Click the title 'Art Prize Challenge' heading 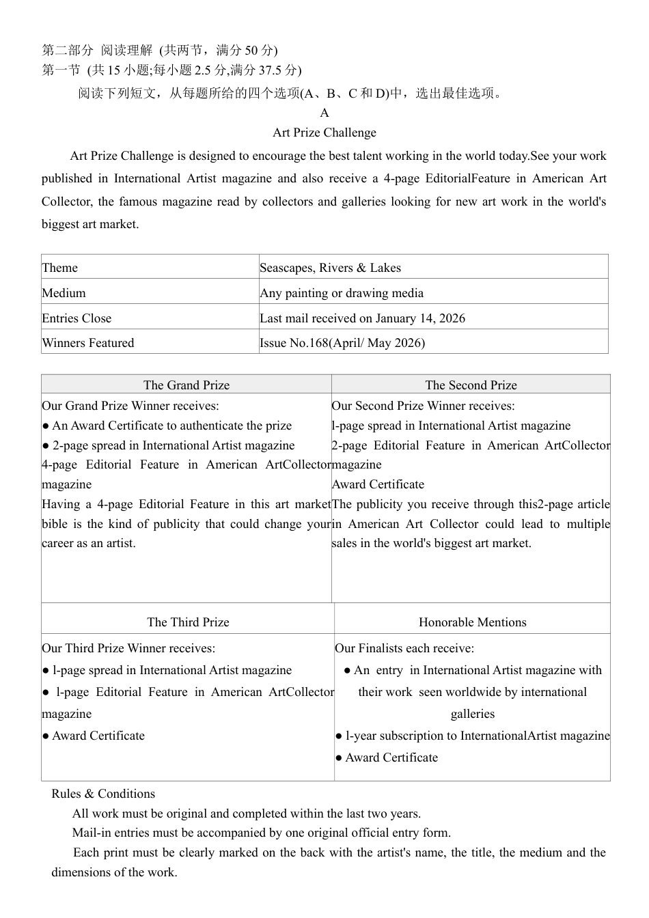coord(324,133)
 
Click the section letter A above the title coord(324,113)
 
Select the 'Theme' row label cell coord(60,268)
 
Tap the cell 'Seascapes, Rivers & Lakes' coord(330,268)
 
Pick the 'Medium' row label coord(64,293)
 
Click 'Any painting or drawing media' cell coord(342,293)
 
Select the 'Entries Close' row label coord(77,318)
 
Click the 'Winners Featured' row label coord(88,343)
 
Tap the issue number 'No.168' coord(309,343)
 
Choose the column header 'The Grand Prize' coord(187,385)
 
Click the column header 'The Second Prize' coord(471,385)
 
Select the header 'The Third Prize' coord(188,622)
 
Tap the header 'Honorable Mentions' coord(472,622)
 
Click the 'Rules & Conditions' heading coord(103,794)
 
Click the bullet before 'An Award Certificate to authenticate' coord(46,426)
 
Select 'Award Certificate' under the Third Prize coord(98,736)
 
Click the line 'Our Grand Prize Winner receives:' coord(130,406)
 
